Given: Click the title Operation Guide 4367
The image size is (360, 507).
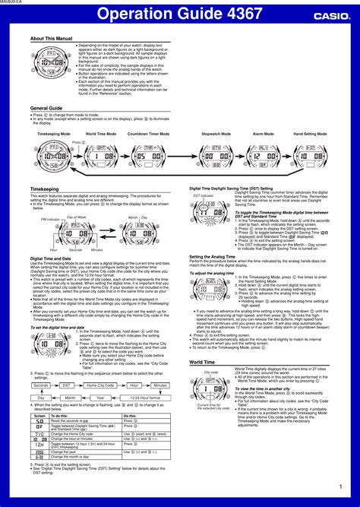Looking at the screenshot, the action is pos(179,14).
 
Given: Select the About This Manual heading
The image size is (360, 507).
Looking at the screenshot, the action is pos(52,38).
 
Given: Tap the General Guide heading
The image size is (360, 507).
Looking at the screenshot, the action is pos(46,108).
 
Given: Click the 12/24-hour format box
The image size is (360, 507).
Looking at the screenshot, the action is pos(144,398).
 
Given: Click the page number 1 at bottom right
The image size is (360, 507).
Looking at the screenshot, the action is pos(340,486).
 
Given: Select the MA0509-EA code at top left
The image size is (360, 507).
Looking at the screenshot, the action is pos(11,3).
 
